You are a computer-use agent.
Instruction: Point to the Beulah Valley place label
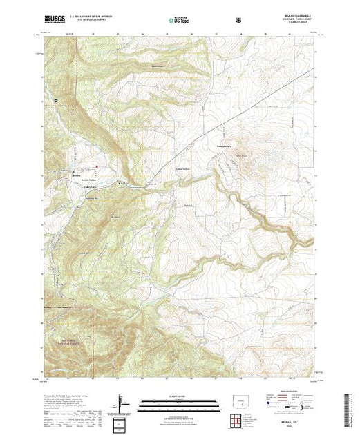click(87, 181)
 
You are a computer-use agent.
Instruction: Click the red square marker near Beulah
click(96, 166)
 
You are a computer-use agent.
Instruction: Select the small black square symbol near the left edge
click(57, 101)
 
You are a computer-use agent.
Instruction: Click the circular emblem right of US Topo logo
click(239, 19)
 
